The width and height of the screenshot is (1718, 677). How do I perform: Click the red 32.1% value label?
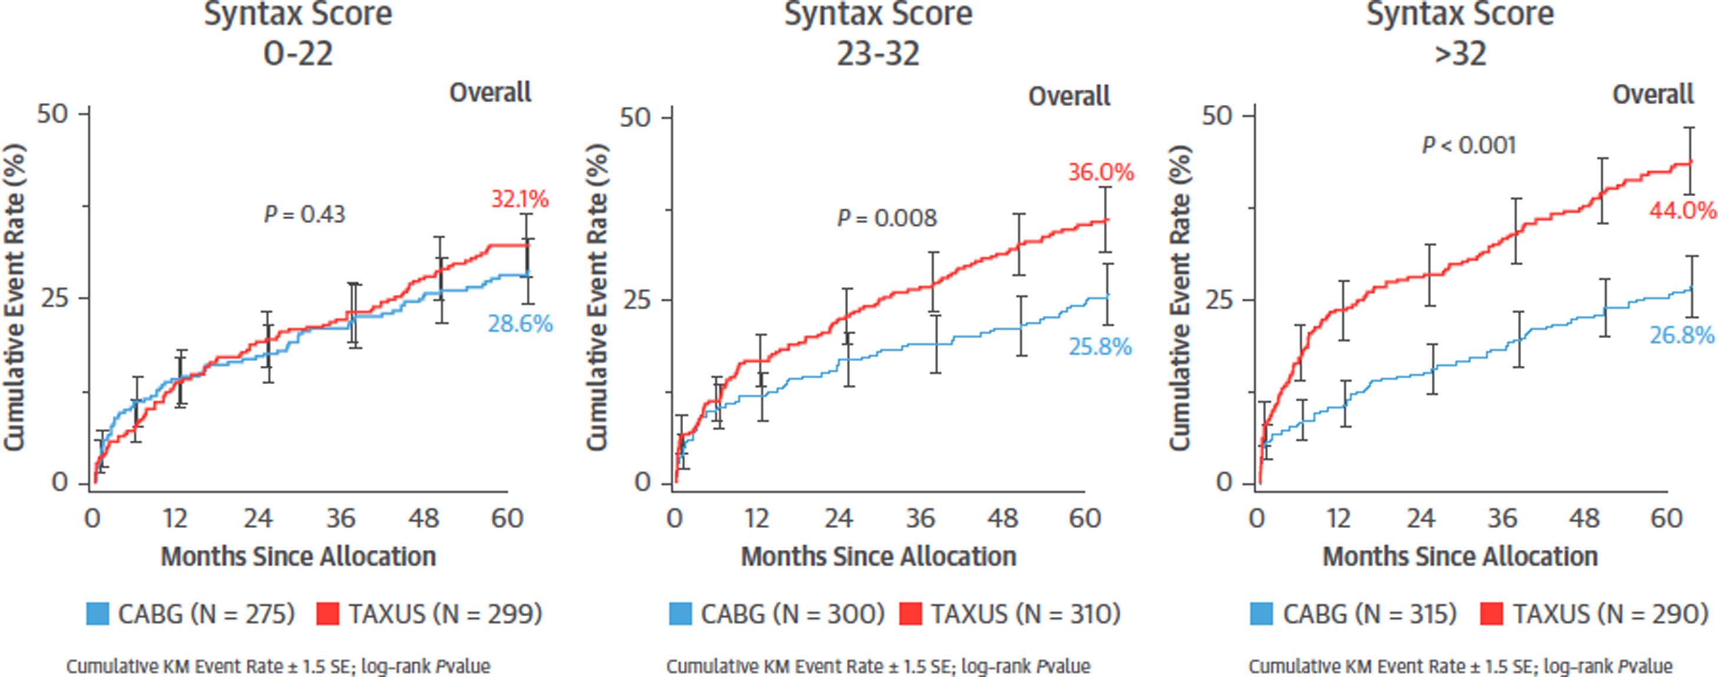click(x=519, y=199)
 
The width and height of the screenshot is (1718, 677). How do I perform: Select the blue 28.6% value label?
click(x=520, y=325)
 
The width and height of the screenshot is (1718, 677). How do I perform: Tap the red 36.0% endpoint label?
click(x=1100, y=173)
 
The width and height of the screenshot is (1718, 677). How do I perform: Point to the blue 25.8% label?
click(x=1100, y=348)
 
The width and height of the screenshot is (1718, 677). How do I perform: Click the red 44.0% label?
click(x=1683, y=212)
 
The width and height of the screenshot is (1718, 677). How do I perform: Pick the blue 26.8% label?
click(x=1681, y=335)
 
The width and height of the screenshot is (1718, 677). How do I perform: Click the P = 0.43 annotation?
click(x=304, y=215)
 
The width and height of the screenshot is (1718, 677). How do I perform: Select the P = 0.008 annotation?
click(x=887, y=219)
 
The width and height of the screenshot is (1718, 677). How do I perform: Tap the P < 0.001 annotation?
click(x=1468, y=146)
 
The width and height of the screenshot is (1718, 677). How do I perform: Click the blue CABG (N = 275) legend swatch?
click(x=97, y=613)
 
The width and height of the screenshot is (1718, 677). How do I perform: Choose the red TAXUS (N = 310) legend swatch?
click(x=911, y=613)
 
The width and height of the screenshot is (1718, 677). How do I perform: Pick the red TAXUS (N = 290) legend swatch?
click(x=1492, y=613)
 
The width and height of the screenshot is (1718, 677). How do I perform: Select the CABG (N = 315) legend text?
click(x=1369, y=613)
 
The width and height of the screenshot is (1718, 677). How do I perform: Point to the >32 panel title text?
click(x=1461, y=54)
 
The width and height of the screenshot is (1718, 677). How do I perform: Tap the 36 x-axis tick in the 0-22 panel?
click(x=341, y=519)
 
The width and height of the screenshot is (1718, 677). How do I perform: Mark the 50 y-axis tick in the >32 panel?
click(x=1218, y=115)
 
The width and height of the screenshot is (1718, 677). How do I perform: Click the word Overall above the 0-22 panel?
click(x=490, y=93)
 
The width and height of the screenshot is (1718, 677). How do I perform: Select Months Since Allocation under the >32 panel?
click(x=1460, y=556)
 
